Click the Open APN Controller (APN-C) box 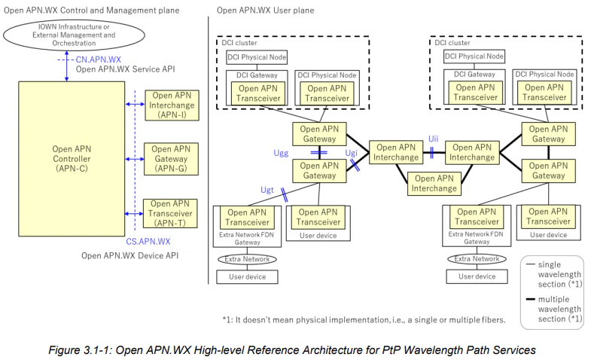click(73, 159)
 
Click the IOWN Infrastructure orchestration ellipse click(69, 34)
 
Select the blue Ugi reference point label click(351, 154)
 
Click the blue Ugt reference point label click(267, 191)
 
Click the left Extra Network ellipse click(246, 259)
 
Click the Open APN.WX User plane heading click(265, 11)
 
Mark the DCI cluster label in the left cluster click(242, 43)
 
